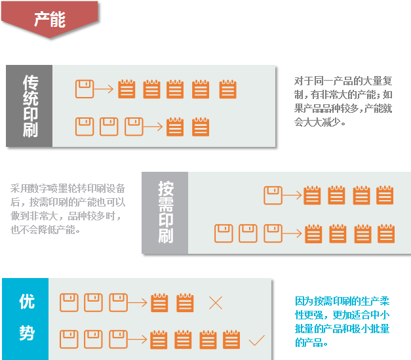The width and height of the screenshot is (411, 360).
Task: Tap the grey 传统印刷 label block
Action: click(x=29, y=106)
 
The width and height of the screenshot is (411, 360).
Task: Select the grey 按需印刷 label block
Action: click(x=165, y=212)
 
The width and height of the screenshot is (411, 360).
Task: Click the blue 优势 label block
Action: click(x=26, y=318)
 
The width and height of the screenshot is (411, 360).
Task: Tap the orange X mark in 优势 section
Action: click(x=216, y=303)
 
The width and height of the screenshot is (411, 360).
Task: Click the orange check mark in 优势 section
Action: click(x=256, y=340)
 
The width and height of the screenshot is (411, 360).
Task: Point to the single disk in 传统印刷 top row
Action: click(x=85, y=89)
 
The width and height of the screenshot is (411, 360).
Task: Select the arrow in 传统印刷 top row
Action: click(x=104, y=89)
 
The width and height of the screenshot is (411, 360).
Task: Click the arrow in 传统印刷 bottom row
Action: click(x=153, y=126)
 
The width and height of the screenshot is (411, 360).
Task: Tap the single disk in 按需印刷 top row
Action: click(x=273, y=195)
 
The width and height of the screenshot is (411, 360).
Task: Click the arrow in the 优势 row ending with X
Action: click(x=138, y=303)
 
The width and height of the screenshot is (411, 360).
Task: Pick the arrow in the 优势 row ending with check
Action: click(x=138, y=340)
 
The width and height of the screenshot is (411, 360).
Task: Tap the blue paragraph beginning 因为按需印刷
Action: click(x=342, y=321)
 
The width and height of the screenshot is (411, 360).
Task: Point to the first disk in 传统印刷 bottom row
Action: click(x=85, y=126)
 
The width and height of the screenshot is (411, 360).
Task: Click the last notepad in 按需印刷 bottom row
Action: click(x=387, y=233)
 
